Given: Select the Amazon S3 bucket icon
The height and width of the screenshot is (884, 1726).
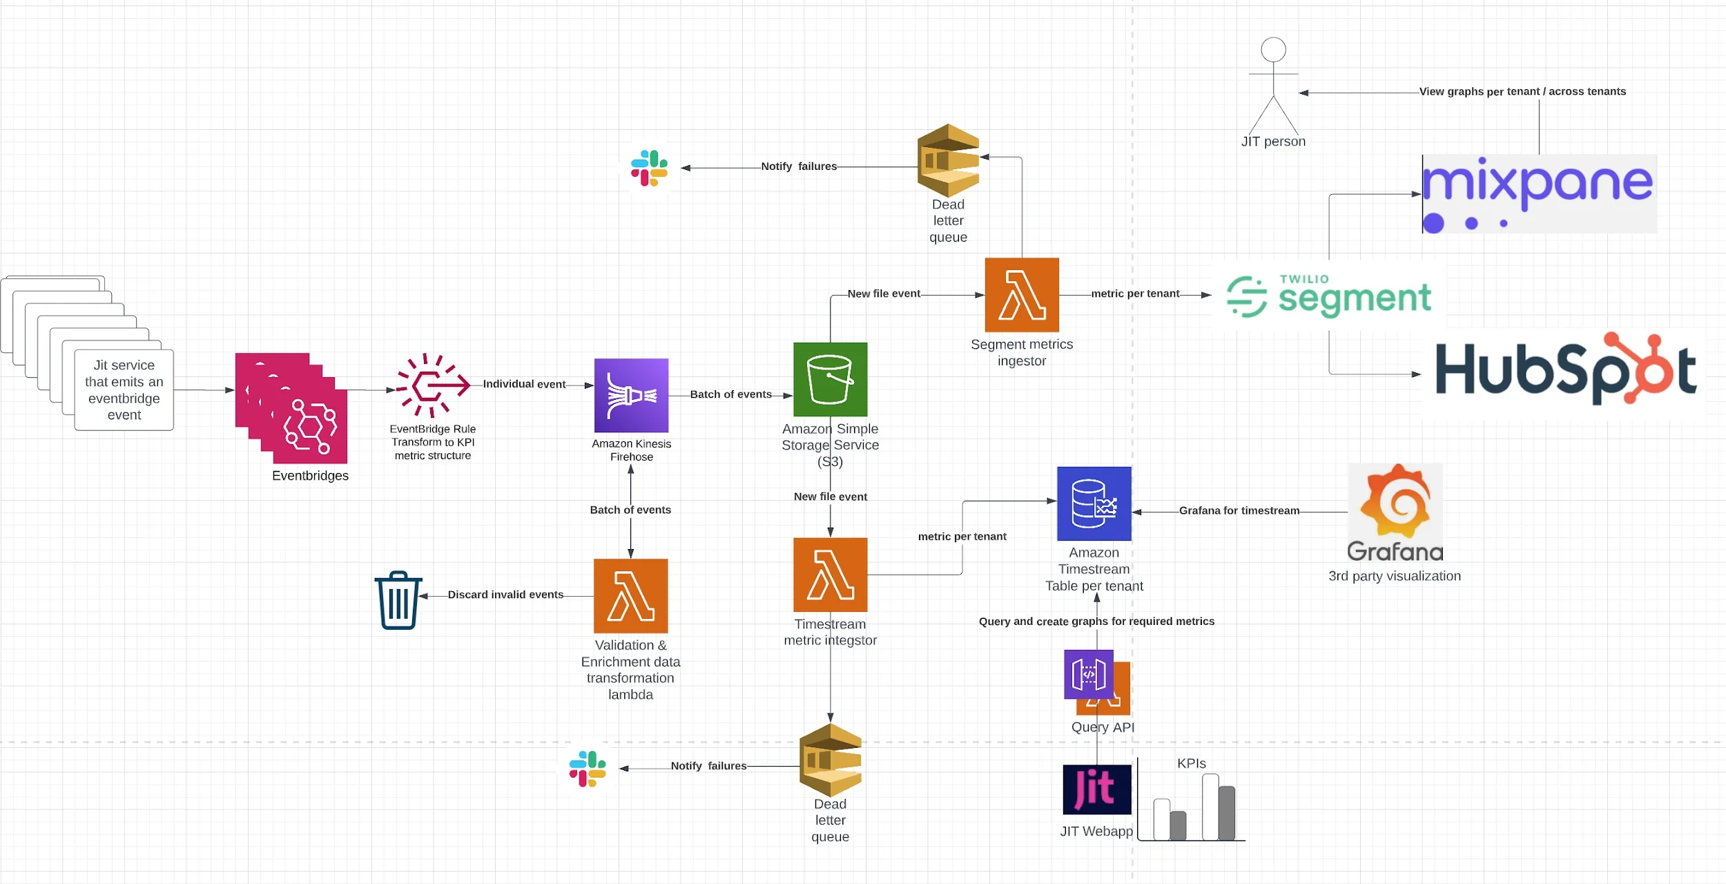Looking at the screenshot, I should point(830,379).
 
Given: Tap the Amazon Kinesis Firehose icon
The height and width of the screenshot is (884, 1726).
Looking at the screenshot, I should point(631,395).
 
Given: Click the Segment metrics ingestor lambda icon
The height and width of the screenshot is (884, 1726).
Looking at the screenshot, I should point(1021,295).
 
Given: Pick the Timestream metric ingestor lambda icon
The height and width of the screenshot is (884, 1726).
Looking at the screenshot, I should point(830,575).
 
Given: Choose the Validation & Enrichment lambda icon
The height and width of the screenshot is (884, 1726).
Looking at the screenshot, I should point(630,595).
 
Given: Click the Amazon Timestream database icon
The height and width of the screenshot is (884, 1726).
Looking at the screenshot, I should point(1094,503).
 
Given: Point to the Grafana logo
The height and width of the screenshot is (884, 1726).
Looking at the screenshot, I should point(1395,511).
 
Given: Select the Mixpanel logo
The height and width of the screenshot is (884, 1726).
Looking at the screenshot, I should point(1538,194).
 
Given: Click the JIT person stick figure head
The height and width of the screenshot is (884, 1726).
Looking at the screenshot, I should point(1273,50).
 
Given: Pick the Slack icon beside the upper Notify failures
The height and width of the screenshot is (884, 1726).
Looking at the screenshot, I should point(649,168).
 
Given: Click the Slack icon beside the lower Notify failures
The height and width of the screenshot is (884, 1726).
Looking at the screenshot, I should point(588,769).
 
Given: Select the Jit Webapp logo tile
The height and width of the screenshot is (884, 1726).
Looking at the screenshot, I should point(1096,789).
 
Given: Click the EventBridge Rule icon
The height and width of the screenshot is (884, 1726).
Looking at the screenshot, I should point(432,385).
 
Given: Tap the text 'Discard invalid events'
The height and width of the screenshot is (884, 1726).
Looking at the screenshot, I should point(505,595).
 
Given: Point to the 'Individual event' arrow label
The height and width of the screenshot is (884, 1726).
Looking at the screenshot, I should point(524,384).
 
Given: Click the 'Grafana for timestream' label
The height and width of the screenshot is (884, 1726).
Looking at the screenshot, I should point(1239,510).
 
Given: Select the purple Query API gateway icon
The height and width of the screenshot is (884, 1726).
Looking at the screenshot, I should point(1088,674).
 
